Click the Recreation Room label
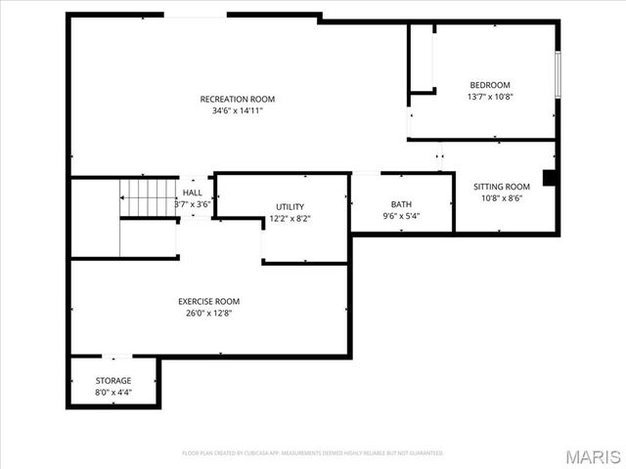click(x=238, y=99)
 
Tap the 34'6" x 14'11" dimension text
click(x=238, y=110)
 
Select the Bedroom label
click(x=490, y=85)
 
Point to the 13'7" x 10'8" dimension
click(x=490, y=97)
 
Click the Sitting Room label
click(x=502, y=187)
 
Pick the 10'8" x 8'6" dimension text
click(x=502, y=198)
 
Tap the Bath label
click(x=401, y=204)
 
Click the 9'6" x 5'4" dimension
click(x=401, y=216)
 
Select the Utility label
click(x=290, y=207)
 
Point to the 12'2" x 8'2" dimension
click(x=290, y=219)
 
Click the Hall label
click(x=193, y=193)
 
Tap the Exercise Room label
click(x=208, y=301)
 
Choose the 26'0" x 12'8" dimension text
click(x=208, y=313)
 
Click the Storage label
click(x=113, y=380)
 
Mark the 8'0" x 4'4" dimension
click(x=113, y=392)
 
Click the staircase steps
click(x=148, y=198)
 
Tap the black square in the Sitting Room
click(x=550, y=178)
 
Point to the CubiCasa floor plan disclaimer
click(x=313, y=453)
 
